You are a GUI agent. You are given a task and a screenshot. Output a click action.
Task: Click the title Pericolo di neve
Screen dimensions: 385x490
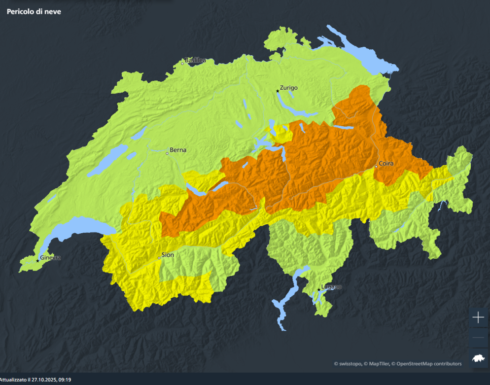click(34, 11)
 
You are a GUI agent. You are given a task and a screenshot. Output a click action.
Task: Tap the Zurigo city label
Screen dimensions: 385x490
click(289, 88)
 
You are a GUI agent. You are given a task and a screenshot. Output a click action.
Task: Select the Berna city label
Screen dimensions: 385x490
click(178, 150)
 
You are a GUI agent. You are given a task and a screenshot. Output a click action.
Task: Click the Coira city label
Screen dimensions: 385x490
click(386, 163)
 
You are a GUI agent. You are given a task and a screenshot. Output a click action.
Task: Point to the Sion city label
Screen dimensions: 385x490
click(168, 255)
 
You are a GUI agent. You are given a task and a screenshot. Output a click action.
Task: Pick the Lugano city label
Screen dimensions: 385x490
click(331, 287)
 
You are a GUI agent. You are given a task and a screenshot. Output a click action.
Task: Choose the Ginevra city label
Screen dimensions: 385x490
click(50, 258)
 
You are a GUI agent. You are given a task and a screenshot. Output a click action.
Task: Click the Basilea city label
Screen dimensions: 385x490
click(195, 61)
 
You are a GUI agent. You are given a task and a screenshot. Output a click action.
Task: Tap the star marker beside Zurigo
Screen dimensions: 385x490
click(278, 91)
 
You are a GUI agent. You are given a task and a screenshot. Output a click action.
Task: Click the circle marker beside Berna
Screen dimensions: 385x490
click(167, 153)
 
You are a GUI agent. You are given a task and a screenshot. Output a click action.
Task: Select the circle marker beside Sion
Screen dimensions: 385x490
click(159, 258)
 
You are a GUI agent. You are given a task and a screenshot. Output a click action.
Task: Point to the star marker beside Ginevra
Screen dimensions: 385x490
click(38, 261)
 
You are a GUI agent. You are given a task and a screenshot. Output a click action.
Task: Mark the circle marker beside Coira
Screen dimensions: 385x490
click(376, 167)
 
